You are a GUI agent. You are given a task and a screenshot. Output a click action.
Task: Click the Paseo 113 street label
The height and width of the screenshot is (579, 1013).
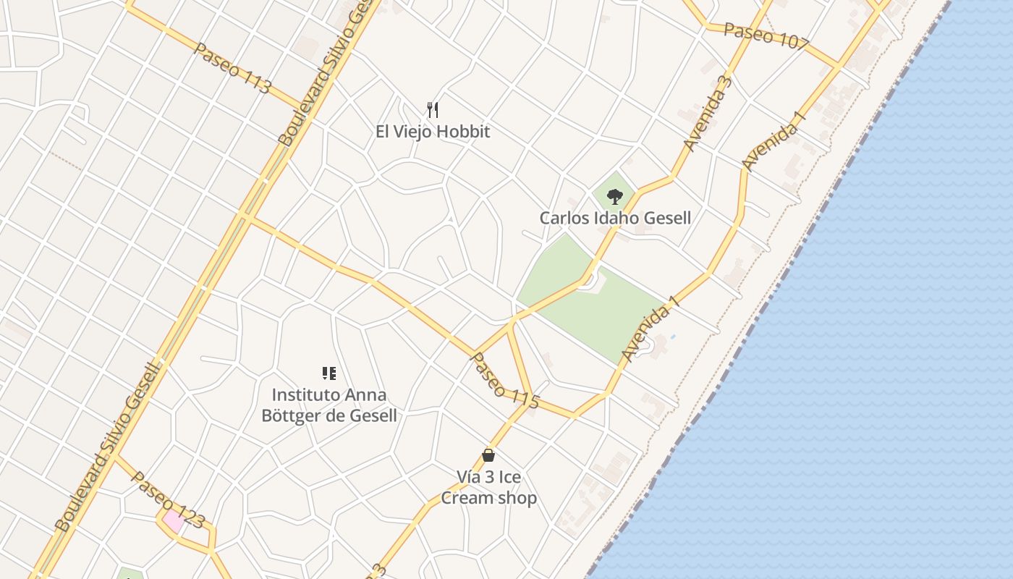[233, 69]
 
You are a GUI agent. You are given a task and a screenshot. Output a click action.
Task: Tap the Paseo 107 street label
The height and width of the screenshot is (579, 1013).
[766, 36]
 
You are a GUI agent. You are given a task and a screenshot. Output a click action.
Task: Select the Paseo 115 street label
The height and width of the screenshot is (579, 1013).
[505, 381]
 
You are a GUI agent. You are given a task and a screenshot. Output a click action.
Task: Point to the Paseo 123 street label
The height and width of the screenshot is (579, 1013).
[168, 499]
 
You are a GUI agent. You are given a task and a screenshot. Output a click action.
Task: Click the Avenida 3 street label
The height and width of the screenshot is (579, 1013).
[708, 114]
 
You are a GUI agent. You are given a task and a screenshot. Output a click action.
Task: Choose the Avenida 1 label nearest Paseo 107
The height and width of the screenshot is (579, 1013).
[773, 141]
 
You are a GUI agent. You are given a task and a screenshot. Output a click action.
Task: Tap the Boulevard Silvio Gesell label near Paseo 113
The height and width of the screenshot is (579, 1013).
[328, 72]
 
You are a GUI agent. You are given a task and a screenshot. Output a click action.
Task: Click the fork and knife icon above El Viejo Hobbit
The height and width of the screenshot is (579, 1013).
[433, 110]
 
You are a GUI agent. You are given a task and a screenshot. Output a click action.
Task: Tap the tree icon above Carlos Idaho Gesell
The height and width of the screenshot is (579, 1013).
[615, 195]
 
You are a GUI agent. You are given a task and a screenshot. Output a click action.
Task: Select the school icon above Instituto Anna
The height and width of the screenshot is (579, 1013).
[329, 373]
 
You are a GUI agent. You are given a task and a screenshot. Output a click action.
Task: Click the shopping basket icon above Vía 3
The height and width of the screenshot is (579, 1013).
[488, 455]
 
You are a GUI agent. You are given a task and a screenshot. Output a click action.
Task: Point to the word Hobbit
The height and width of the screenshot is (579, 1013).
[464, 132]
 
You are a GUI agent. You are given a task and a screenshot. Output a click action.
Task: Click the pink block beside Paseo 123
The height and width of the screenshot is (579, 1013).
[173, 520]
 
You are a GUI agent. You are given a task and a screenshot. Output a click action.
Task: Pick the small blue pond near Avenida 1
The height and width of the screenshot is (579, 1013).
[673, 337]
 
